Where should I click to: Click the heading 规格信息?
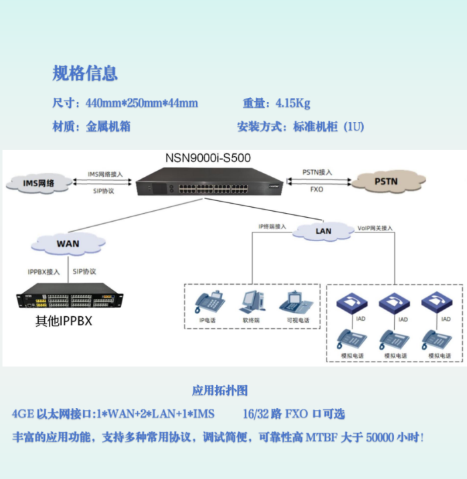click(x=85, y=72)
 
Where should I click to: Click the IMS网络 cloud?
click(x=38, y=183)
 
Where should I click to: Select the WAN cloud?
click(x=68, y=243)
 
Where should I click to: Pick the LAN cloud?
click(x=323, y=231)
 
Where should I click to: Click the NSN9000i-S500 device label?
click(x=207, y=158)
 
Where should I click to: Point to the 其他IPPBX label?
click(x=64, y=322)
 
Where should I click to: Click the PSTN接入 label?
click(x=317, y=172)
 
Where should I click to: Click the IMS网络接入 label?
click(x=106, y=174)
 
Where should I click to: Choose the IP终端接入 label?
click(x=272, y=226)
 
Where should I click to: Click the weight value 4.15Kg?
click(x=292, y=103)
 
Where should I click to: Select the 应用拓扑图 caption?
click(x=219, y=390)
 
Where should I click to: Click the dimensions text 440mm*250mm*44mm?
click(x=141, y=103)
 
